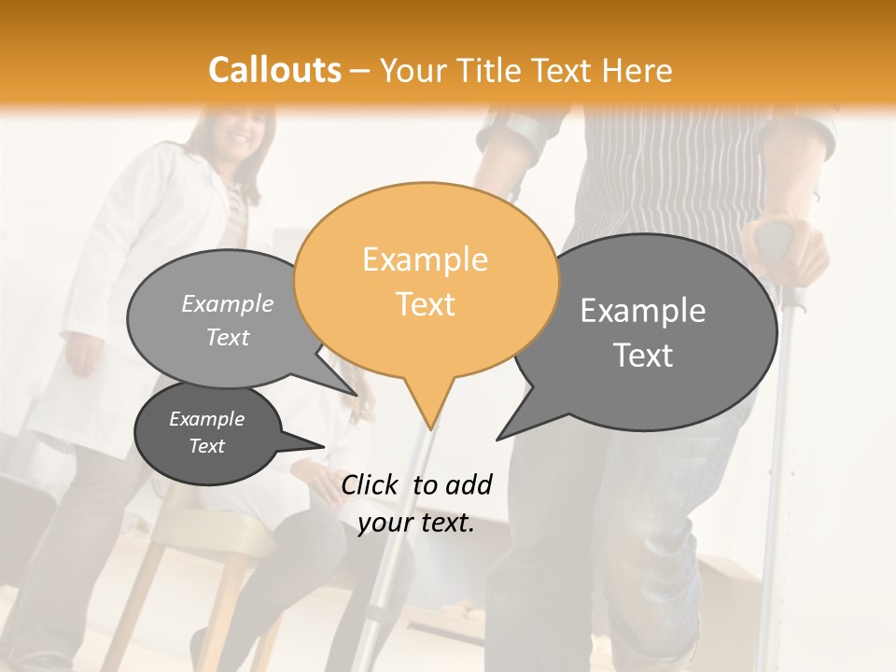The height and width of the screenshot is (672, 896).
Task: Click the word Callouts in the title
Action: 274,70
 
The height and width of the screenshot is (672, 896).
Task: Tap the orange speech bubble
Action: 426,280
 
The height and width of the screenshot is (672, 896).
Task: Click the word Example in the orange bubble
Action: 425,259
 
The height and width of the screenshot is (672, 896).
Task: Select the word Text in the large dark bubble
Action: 643,356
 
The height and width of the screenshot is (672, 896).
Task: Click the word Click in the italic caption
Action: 371,484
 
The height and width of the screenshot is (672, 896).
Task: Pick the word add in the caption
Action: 468,484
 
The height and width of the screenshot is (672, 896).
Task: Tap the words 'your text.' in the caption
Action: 416,524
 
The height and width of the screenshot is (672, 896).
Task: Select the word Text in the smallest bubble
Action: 207,446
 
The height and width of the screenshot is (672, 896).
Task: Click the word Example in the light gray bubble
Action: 228,304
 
